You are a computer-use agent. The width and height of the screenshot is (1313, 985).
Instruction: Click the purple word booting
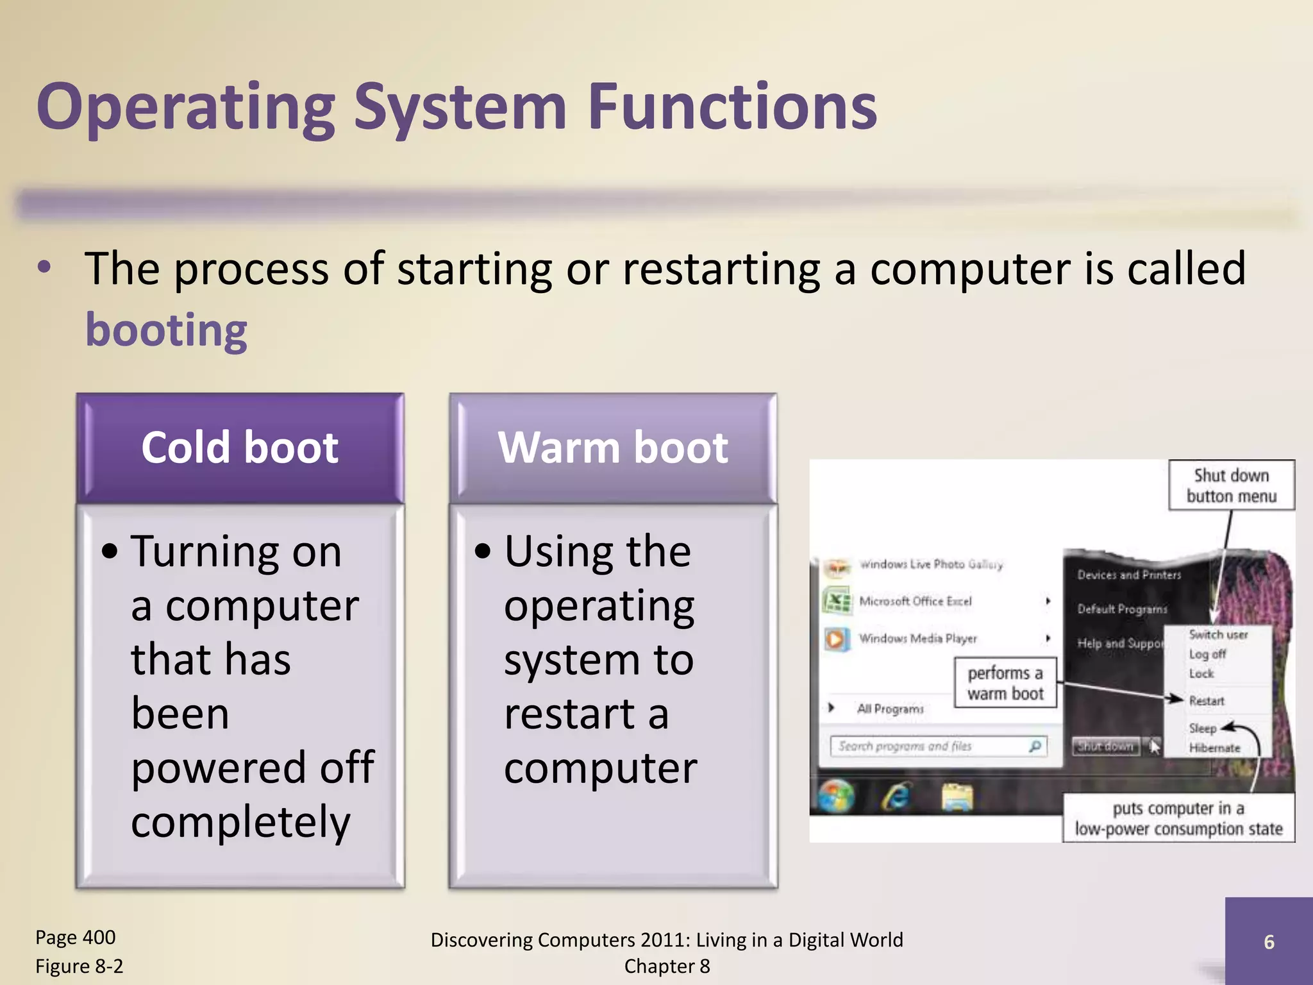pos(166,330)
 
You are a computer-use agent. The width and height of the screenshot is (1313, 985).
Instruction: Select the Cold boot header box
pos(240,448)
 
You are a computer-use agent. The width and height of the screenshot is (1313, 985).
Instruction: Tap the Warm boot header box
pos(613,448)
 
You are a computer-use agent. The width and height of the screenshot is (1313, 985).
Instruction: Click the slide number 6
pos(1268,941)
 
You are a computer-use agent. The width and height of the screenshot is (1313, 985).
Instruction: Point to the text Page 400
pos(75,937)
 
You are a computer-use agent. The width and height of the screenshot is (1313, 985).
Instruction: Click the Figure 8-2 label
pos(79,966)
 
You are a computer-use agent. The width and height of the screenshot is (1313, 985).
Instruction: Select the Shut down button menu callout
pos(1231,485)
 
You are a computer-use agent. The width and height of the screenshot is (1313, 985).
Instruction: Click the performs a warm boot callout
pos(1005,684)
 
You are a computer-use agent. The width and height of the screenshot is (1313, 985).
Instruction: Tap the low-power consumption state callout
pos(1178,818)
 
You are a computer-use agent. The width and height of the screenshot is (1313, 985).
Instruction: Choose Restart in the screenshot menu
pos(1206,701)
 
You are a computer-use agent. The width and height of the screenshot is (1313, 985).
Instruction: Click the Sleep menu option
pos(1202,728)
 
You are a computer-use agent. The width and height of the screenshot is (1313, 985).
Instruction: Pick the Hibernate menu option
pos(1214,748)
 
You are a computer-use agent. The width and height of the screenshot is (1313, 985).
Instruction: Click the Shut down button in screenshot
pos(1106,746)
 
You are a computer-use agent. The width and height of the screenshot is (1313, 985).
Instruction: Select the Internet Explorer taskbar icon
pos(896,797)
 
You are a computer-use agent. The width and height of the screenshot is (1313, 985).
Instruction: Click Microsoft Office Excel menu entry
pos(915,601)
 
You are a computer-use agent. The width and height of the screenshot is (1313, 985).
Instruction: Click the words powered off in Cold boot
pos(253,767)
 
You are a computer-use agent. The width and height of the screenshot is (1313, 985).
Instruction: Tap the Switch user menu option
pos(1217,634)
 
